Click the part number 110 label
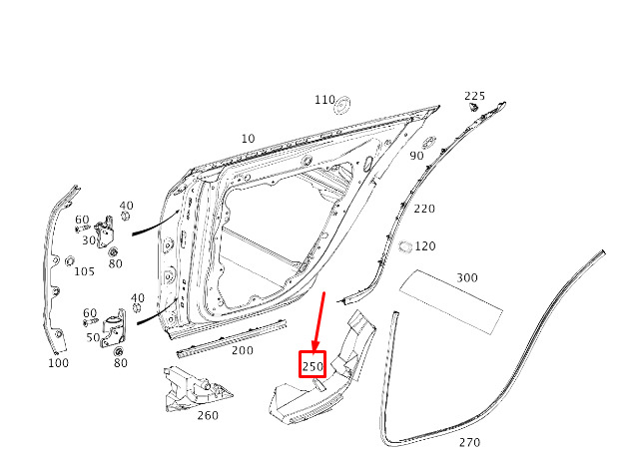[323, 101]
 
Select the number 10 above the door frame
[248, 139]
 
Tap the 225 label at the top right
[474, 96]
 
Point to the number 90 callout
[416, 155]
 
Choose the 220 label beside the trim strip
[424, 209]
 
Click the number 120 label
[425, 245]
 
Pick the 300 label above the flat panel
[466, 277]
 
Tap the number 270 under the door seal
[469, 442]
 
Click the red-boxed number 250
[313, 366]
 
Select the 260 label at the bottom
[207, 416]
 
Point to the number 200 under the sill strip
[242, 350]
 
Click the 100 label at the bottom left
[59, 363]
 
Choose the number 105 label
[84, 271]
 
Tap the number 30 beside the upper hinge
[88, 240]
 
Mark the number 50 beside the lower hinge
[93, 337]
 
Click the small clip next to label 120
[404, 245]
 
